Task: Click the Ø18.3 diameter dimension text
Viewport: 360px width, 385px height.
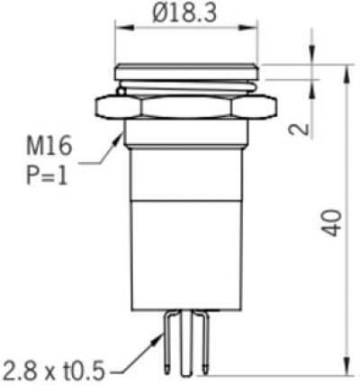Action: click(x=184, y=13)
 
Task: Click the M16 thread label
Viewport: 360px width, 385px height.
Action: click(x=49, y=146)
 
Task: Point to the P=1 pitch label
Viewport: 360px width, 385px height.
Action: click(x=47, y=175)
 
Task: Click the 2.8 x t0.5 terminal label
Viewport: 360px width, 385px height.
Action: click(x=53, y=372)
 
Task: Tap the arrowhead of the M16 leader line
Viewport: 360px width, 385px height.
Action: click(x=118, y=140)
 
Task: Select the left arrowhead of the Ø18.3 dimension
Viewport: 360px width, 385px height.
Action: click(x=124, y=28)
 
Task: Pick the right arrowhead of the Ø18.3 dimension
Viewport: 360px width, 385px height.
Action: click(x=248, y=28)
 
